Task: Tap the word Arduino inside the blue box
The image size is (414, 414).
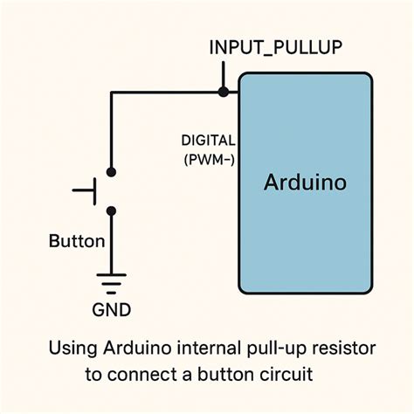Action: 305,183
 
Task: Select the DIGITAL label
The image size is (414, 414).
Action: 208,140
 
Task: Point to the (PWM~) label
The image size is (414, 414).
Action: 208,159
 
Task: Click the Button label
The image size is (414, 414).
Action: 77,242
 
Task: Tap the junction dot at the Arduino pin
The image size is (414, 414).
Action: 224,91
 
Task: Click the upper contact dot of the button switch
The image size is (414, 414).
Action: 110,171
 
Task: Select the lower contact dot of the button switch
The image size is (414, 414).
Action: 110,210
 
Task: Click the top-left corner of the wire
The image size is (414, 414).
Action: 110,91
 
